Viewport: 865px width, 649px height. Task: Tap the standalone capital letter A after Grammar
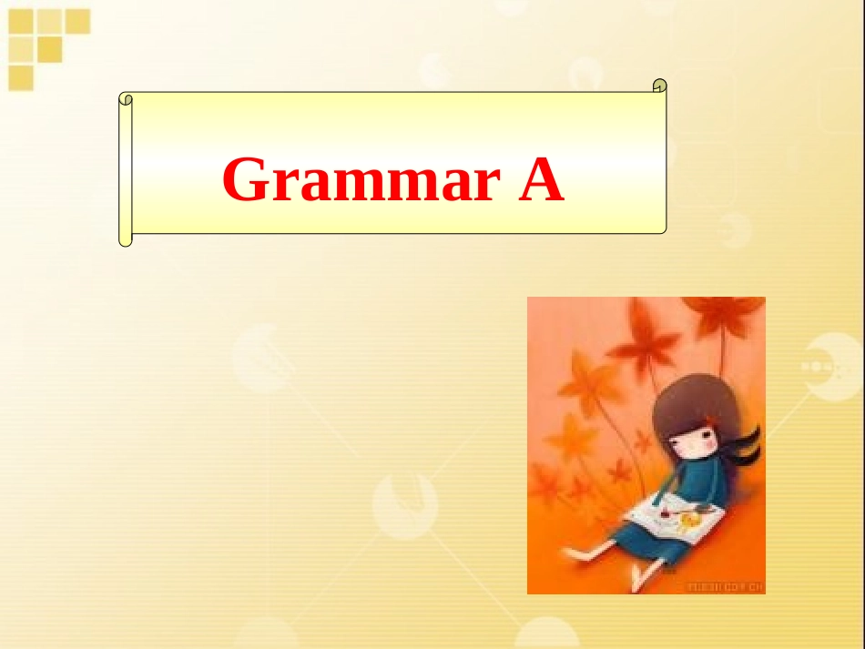[542, 180]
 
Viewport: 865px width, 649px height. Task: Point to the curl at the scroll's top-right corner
[660, 86]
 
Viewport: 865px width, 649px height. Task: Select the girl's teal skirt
[637, 537]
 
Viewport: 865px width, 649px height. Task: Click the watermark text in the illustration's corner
[725, 586]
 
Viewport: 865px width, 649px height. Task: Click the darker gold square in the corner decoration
[51, 48]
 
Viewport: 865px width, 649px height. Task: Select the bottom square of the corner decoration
[21, 77]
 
